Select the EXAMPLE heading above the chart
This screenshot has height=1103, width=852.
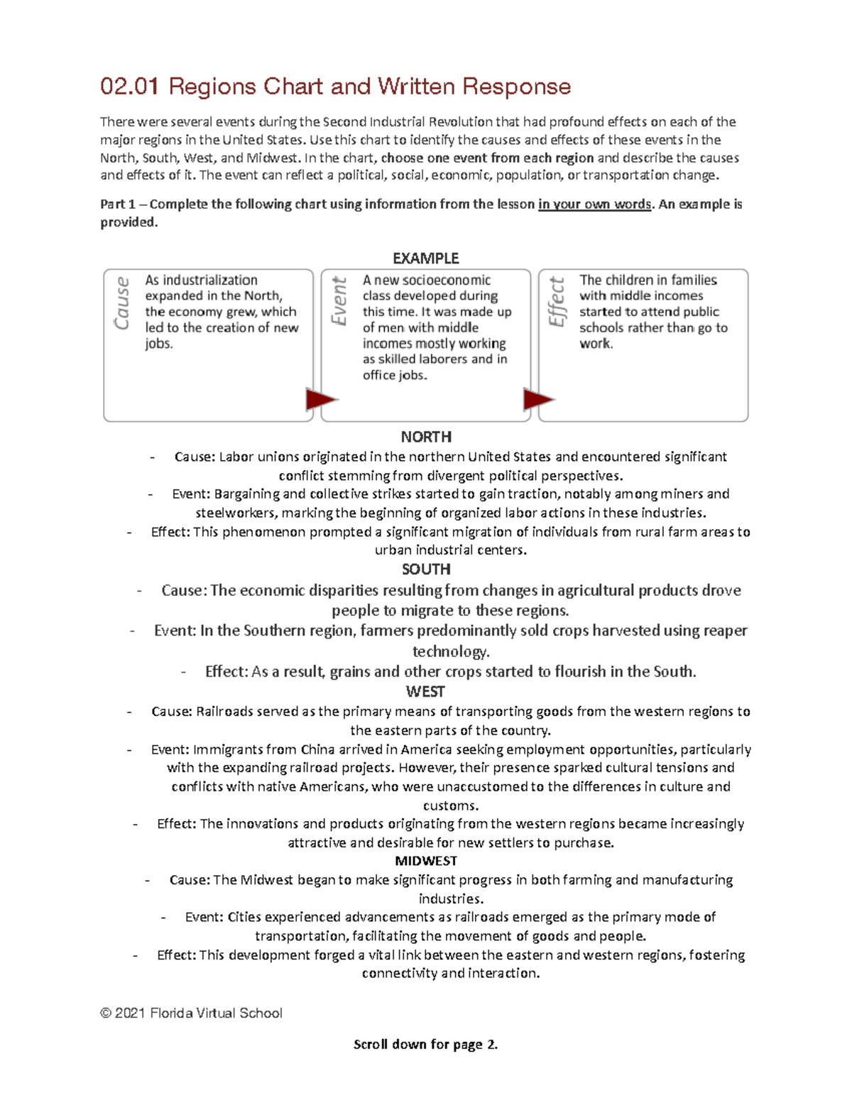tap(425, 258)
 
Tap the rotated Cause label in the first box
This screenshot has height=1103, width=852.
tap(122, 303)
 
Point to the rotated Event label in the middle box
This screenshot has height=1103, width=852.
tap(339, 301)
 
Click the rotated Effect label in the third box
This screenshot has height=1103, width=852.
tap(557, 302)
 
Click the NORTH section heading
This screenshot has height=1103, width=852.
tap(425, 437)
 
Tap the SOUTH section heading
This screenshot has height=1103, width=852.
tap(425, 569)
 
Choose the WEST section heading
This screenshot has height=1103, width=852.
tap(425, 691)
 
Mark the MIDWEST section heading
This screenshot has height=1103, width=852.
tap(425, 861)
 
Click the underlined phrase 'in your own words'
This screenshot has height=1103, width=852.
tap(594, 205)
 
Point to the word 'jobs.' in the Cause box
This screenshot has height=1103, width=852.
tap(159, 344)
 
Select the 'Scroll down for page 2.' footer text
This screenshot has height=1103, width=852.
tap(425, 1044)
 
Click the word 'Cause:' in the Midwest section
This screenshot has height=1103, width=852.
tap(190, 880)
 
